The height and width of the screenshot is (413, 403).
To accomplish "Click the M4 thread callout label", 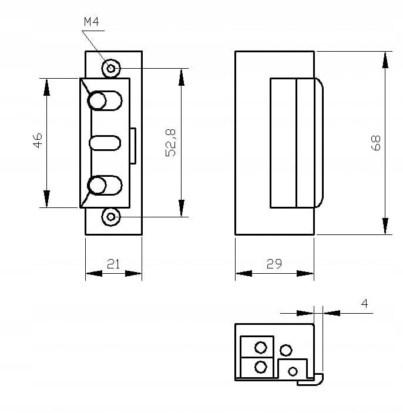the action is point(92,22).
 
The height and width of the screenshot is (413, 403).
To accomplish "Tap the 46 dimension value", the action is point(38,140).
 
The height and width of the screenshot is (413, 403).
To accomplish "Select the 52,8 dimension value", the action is point(171,143).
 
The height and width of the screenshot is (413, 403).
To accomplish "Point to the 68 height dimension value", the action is point(376,143).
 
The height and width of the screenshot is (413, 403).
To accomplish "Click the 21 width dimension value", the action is point(113,264).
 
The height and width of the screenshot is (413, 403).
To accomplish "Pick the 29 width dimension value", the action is point(274,263).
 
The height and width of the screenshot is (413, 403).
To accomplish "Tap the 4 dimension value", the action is point(365,303).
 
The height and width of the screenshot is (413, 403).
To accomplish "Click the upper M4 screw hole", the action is point(111,69).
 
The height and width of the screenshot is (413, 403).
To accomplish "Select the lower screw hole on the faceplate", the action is point(111,217).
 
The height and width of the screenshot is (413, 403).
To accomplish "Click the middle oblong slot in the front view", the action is point(105,143).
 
